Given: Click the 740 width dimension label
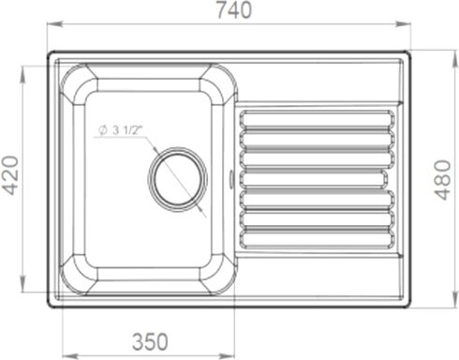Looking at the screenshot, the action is click(x=234, y=10).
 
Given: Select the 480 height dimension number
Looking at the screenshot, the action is click(x=443, y=180).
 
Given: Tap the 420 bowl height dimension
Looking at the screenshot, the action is click(x=10, y=175).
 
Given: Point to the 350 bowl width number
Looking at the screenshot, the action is click(x=150, y=341).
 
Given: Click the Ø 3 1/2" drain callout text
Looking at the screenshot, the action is click(x=119, y=130).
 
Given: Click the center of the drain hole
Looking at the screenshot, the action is click(x=178, y=179).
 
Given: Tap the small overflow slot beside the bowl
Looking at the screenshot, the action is click(x=231, y=179).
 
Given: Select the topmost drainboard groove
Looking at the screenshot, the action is click(x=317, y=118).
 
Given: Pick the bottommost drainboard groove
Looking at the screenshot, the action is click(x=317, y=239).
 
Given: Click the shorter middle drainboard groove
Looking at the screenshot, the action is click(x=314, y=179).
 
